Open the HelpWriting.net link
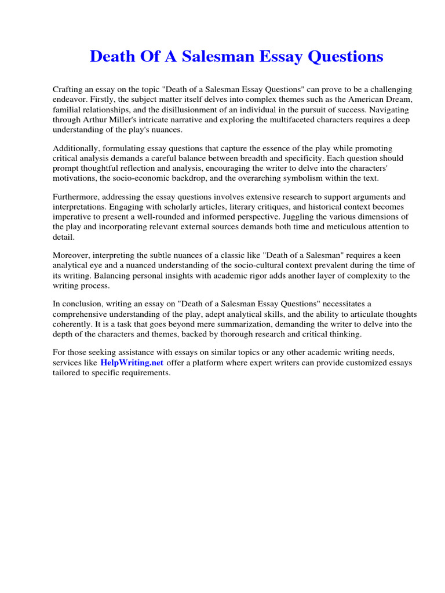[x=132, y=363]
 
